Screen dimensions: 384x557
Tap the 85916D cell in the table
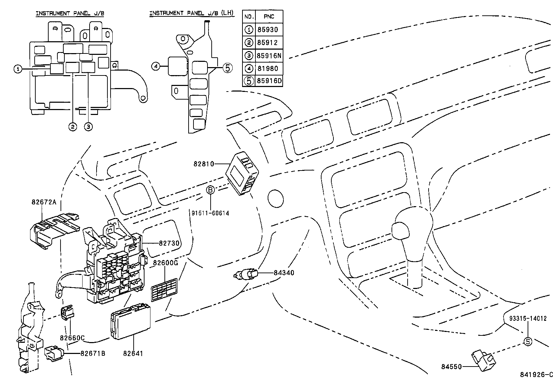click(269, 81)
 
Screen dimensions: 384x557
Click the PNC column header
click(269, 16)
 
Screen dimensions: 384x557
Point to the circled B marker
click(210, 190)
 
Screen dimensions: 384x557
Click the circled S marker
click(527, 342)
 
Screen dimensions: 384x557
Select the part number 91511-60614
click(210, 213)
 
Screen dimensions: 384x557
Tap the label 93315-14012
click(528, 319)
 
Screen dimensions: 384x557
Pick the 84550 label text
click(451, 367)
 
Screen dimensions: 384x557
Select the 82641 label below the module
click(133, 353)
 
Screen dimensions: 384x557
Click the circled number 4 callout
click(156, 66)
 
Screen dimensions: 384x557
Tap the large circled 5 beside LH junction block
click(227, 68)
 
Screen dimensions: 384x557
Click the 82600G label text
click(165, 263)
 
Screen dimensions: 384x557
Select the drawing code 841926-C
click(537, 375)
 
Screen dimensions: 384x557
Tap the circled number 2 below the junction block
click(72, 127)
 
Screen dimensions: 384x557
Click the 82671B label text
click(92, 353)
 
